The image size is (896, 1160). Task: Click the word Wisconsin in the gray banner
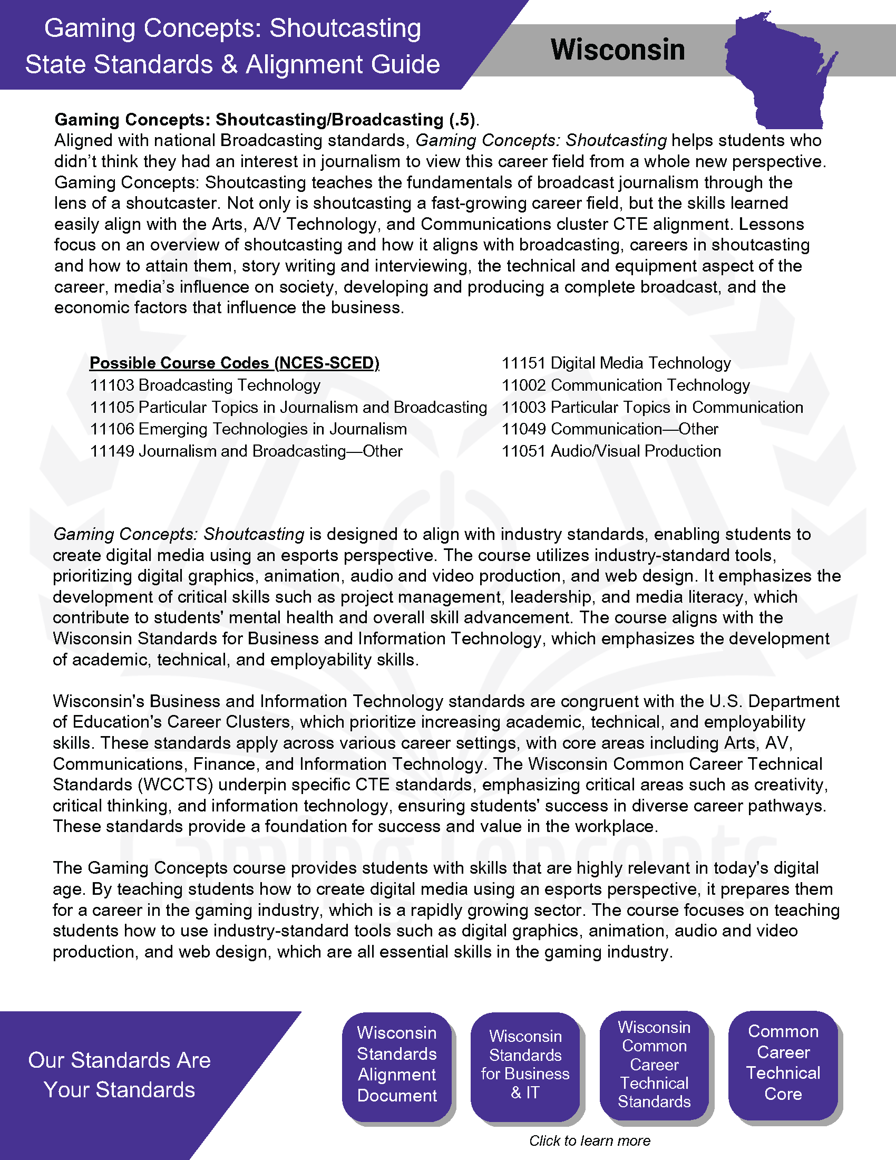pyautogui.click(x=617, y=50)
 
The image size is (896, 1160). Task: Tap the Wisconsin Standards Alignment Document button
pyautogui.click(x=397, y=1064)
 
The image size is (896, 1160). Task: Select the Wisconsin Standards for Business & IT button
pyautogui.click(x=525, y=1064)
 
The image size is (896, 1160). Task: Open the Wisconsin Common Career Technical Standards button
pyautogui.click(x=654, y=1064)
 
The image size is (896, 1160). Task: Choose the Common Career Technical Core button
pyautogui.click(x=783, y=1062)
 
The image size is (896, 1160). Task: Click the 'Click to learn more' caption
pyautogui.click(x=589, y=1141)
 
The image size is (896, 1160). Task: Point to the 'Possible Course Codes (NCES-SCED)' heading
pyautogui.click(x=234, y=363)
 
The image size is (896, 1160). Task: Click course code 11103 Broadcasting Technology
pyautogui.click(x=205, y=385)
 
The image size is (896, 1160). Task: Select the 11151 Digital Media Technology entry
pyautogui.click(x=616, y=363)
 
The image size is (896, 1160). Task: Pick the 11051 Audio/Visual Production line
pyautogui.click(x=611, y=451)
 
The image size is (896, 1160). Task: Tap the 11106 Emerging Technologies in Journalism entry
pyautogui.click(x=248, y=429)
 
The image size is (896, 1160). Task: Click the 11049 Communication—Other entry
pyautogui.click(x=609, y=429)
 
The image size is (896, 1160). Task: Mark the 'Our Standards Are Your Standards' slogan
pyautogui.click(x=120, y=1075)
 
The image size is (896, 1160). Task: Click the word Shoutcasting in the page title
pyautogui.click(x=345, y=28)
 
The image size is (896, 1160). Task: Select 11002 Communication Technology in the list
pyautogui.click(x=625, y=385)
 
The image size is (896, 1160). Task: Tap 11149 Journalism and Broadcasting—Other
pyautogui.click(x=246, y=451)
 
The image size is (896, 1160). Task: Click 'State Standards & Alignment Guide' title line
pyautogui.click(x=232, y=64)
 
